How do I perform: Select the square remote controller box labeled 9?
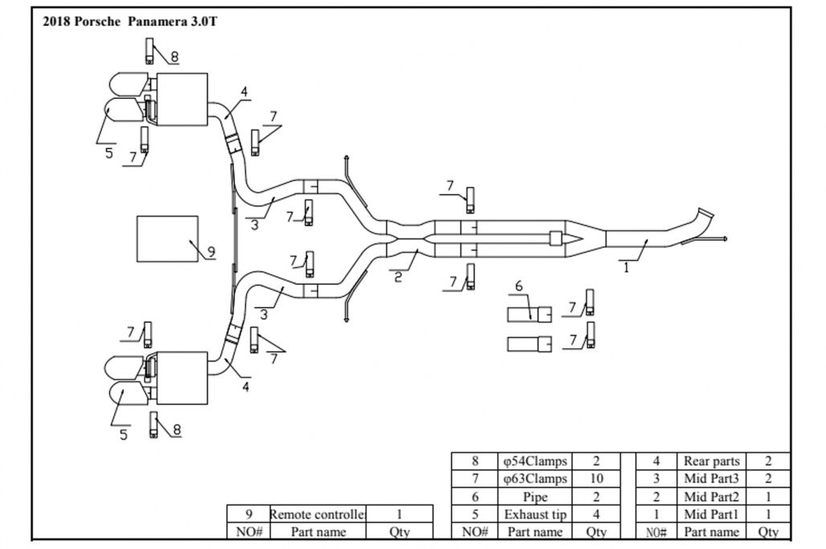click(x=168, y=239)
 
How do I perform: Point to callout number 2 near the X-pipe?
click(x=398, y=279)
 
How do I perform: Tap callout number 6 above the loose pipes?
click(x=519, y=287)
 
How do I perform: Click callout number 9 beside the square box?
click(x=211, y=252)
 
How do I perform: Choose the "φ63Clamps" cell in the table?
click(x=535, y=478)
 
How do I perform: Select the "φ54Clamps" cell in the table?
click(x=535, y=461)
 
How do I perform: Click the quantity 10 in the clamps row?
click(x=596, y=478)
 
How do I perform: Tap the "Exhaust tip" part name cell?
click(x=535, y=514)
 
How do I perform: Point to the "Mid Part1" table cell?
click(x=712, y=514)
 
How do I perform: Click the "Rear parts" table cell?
click(x=712, y=461)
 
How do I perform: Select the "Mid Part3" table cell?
click(x=712, y=478)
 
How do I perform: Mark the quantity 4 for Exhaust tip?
click(x=596, y=514)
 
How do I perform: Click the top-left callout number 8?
click(x=174, y=57)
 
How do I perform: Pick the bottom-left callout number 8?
click(x=176, y=429)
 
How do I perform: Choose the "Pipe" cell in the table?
click(x=535, y=496)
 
